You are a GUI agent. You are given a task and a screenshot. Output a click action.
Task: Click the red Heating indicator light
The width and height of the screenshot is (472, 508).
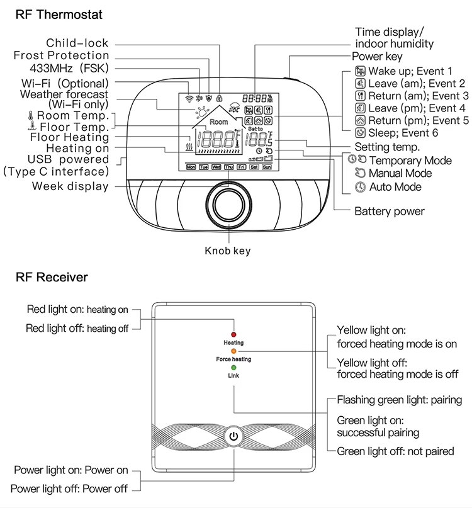pos(233,334)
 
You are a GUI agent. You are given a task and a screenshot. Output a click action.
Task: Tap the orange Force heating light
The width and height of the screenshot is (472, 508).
pos(233,351)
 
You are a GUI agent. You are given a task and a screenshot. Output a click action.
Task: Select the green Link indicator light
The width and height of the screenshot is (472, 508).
pos(233,367)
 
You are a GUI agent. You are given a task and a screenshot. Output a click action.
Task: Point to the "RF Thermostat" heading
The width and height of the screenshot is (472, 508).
pos(59,14)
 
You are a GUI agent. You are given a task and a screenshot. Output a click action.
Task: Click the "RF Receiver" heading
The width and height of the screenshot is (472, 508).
pos(52,277)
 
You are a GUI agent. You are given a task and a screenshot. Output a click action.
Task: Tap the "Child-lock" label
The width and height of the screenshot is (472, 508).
pos(77,43)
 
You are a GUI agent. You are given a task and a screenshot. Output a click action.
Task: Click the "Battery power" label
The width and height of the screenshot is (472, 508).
pos(390,211)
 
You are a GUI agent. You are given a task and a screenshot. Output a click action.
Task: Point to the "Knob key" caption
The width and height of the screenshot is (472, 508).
pos(228,251)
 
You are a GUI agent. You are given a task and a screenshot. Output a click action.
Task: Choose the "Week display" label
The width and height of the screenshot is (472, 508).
pos(70,186)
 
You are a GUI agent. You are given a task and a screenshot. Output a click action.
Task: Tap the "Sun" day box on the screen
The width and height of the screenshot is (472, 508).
pos(267,167)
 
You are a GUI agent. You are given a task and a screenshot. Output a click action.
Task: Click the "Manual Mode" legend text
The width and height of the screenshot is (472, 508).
pos(400,173)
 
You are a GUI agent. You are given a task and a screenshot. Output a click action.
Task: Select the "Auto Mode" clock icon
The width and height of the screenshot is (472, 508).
pos(360,187)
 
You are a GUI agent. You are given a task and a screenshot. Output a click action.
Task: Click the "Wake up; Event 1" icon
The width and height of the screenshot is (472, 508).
pos(361,71)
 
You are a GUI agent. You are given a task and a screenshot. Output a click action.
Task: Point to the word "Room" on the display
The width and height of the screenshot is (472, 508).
pos(219,121)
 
